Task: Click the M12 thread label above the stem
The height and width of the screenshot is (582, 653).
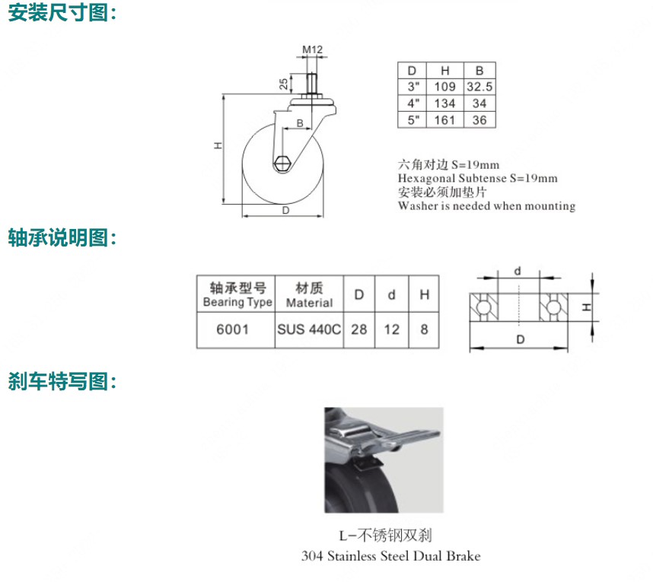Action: click(312, 49)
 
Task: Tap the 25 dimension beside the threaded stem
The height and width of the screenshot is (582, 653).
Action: click(283, 84)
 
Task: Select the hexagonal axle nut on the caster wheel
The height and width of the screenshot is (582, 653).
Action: click(283, 164)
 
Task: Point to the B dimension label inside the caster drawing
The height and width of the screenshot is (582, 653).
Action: click(300, 123)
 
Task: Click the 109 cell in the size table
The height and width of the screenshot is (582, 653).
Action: click(444, 87)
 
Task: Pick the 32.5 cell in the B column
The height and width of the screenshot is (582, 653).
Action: click(479, 87)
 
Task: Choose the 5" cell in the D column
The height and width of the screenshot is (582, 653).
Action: click(413, 120)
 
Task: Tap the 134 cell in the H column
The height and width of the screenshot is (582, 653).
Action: click(444, 103)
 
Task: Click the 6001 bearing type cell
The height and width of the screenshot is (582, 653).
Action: click(233, 329)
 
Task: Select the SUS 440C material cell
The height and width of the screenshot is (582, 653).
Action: click(309, 329)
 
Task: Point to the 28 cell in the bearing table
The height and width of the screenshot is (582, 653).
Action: click(359, 329)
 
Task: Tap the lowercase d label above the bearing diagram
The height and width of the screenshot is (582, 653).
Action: click(518, 271)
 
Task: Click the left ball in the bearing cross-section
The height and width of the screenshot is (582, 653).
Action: click(483, 307)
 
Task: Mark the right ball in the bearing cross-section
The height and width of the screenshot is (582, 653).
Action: click(553, 307)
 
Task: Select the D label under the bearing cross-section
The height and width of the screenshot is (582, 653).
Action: click(520, 340)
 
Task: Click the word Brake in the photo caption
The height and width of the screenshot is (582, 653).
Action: click(463, 556)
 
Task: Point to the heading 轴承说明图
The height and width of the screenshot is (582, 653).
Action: click(58, 237)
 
